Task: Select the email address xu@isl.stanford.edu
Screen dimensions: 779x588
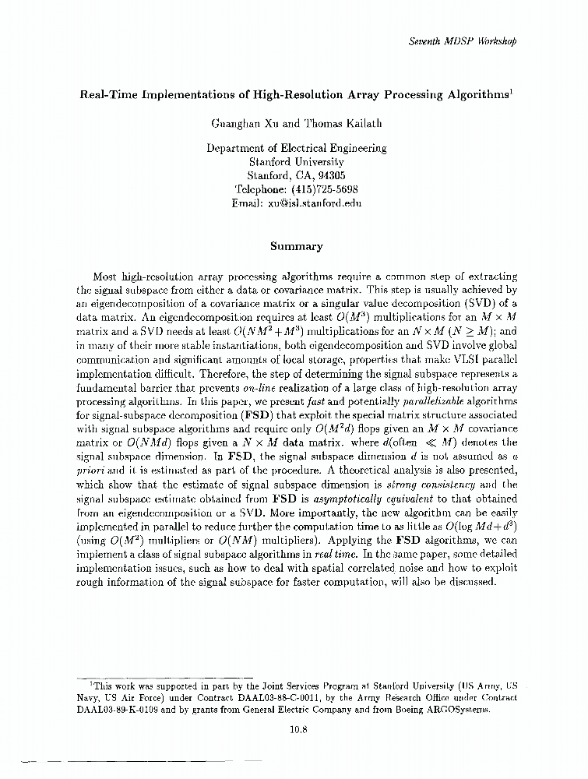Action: pyautogui.click(x=315, y=203)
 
